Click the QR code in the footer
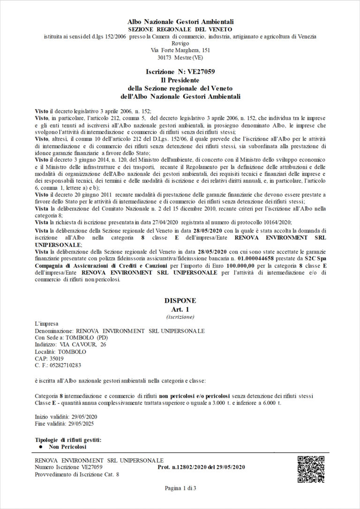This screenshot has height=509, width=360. (311, 469)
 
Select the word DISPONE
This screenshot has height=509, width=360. (180, 300)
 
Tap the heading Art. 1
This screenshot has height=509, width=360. (180, 309)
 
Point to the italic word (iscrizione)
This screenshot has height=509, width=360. (180, 317)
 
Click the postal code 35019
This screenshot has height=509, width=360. (56, 359)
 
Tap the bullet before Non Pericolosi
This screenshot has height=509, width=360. (41, 447)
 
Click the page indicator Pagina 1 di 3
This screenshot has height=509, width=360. (180, 488)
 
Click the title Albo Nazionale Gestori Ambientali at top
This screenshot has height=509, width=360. (180, 22)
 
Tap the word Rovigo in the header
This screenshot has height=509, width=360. (180, 43)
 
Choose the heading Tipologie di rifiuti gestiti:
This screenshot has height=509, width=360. (68, 440)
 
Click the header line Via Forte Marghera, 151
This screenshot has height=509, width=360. (180, 50)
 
